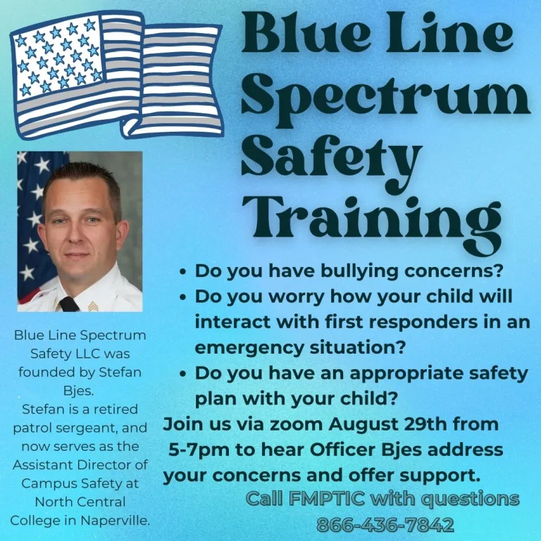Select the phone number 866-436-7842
tap(385, 525)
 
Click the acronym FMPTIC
tap(326, 498)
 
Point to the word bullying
tap(359, 272)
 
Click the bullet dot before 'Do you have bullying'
tap(183, 272)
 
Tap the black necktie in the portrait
tap(68, 304)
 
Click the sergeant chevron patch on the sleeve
tap(93, 306)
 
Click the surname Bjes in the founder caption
tap(79, 391)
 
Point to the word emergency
tap(249, 349)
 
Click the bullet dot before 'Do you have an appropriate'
tap(183, 374)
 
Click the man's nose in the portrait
tap(73, 234)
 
